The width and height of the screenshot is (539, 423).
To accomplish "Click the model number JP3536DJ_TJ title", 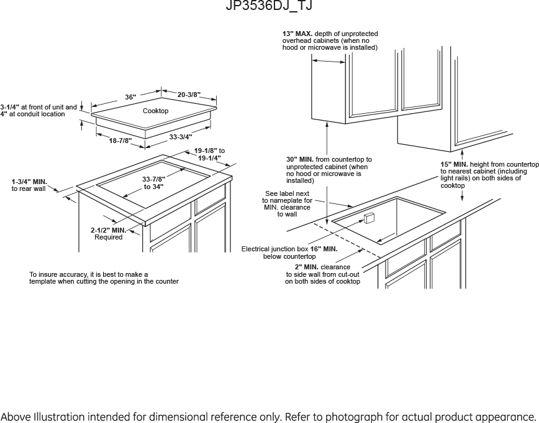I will click(x=269, y=7).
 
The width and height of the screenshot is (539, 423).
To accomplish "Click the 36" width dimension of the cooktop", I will click(x=130, y=97).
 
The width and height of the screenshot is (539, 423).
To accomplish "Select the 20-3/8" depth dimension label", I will click(x=189, y=95).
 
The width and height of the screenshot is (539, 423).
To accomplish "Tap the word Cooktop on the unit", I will click(x=155, y=111).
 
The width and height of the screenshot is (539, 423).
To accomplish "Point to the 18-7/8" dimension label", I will click(x=120, y=141).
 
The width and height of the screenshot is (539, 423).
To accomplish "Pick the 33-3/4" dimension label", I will click(x=181, y=137).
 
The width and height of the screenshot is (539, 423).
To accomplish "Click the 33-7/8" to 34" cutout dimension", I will click(x=153, y=183).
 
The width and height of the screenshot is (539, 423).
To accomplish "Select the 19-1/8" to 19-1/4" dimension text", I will click(x=209, y=154).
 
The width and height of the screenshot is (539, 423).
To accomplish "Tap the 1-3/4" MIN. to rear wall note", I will click(x=29, y=185).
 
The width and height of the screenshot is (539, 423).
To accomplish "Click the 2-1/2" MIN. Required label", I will click(x=109, y=233).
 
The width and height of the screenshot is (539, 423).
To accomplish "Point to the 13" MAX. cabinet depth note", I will click(x=330, y=40).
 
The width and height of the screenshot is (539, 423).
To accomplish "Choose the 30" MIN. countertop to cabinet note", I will click(x=328, y=170).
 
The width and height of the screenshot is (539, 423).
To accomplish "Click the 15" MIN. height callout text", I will click(x=489, y=175).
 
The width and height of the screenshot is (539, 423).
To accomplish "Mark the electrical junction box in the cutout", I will click(x=368, y=218).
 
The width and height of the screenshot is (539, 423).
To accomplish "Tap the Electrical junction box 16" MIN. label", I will click(x=289, y=252).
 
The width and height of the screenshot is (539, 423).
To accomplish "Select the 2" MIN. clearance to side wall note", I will click(x=322, y=274).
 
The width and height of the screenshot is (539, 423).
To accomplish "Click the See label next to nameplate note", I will click(x=287, y=204).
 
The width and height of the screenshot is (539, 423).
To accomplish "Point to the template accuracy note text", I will click(x=104, y=277).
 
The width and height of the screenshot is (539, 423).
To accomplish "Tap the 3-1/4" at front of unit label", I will click(x=38, y=110).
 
